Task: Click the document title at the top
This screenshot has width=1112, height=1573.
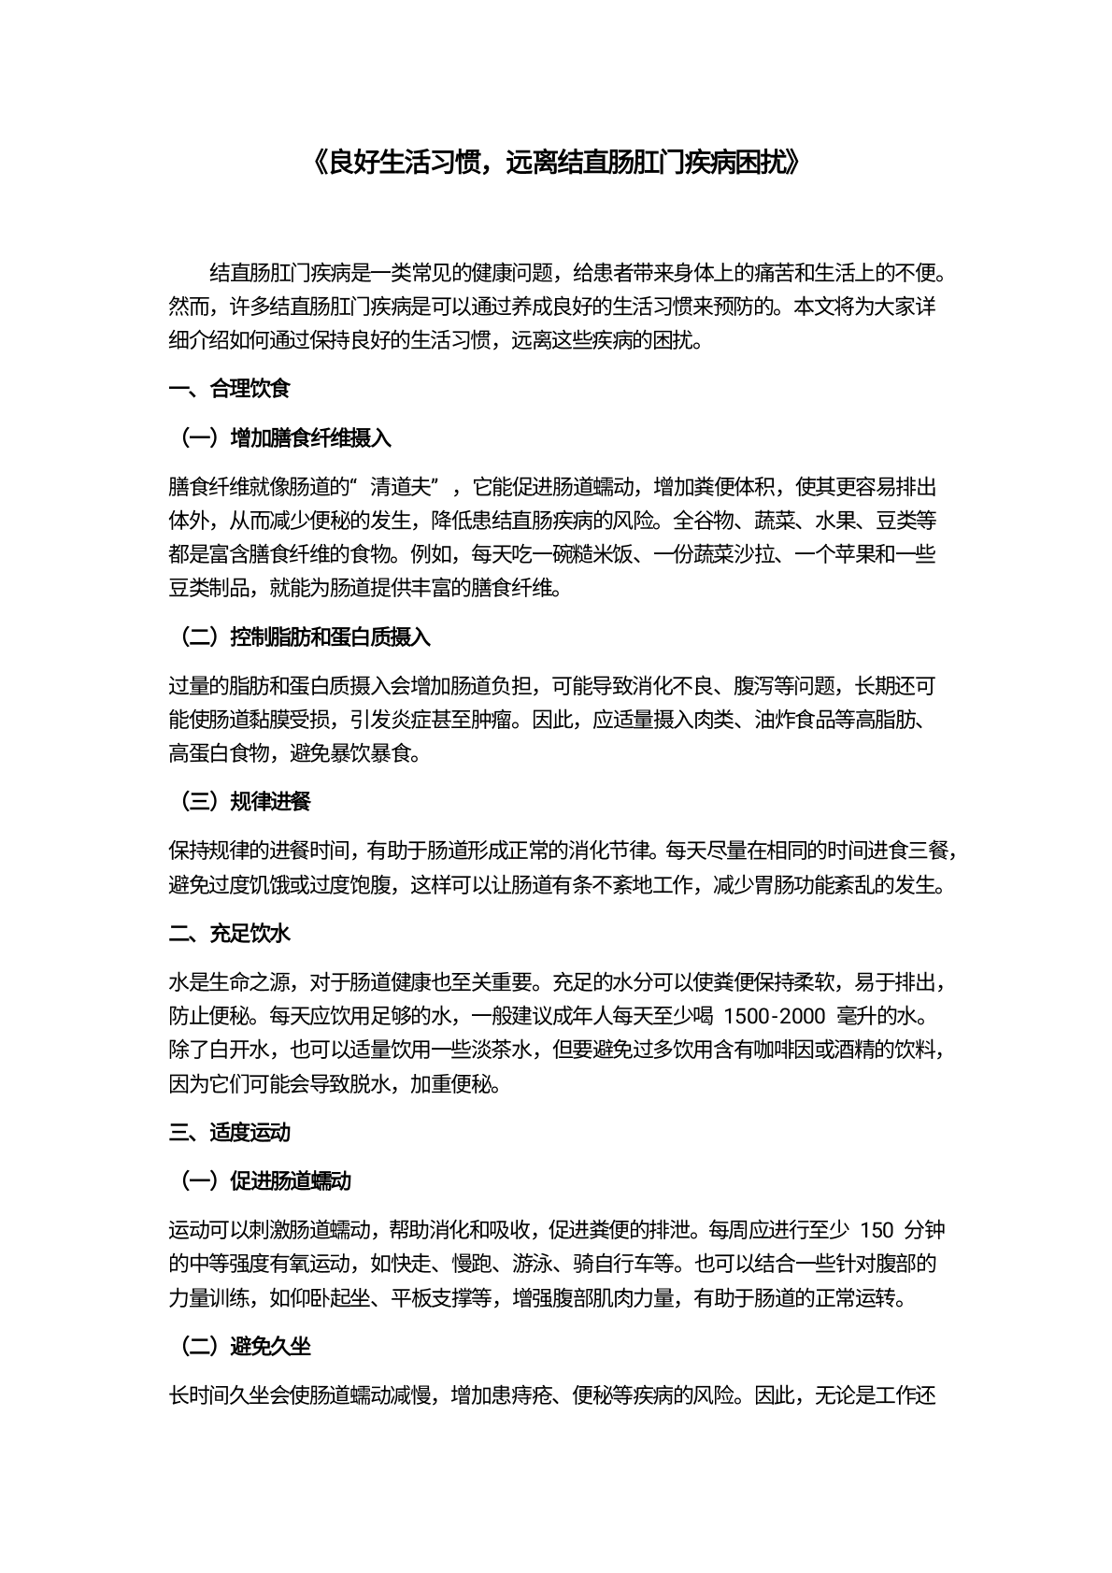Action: [555, 164]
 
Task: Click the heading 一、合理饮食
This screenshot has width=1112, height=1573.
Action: [230, 390]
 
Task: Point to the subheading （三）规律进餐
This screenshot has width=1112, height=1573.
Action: [244, 801]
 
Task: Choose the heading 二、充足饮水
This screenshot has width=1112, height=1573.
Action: [230, 934]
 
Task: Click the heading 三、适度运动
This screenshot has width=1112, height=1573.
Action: [230, 1133]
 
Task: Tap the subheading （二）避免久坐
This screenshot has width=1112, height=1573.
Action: [244, 1347]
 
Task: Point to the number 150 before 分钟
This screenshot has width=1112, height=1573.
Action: [876, 1230]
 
